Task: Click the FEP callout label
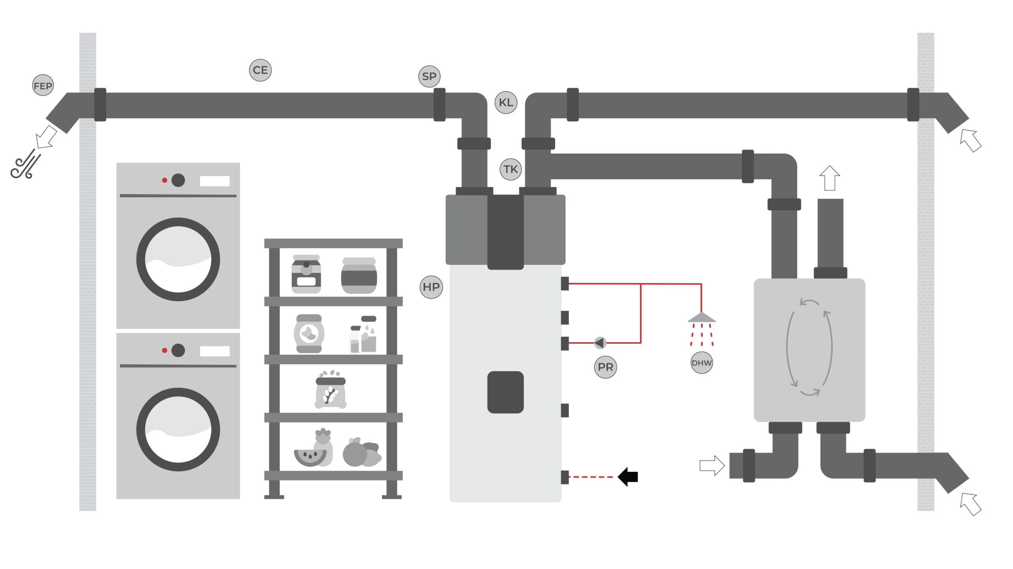[x=43, y=85]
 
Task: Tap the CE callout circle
[x=260, y=70]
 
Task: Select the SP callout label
[x=429, y=76]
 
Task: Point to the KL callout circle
[x=506, y=102]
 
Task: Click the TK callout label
[x=510, y=169]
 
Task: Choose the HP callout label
[x=431, y=287]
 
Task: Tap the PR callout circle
[x=605, y=367]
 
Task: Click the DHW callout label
[x=702, y=363]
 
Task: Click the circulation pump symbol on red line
[x=600, y=342]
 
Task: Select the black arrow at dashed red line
[x=628, y=477]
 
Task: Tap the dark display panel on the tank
[x=505, y=392]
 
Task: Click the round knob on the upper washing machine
[x=178, y=180]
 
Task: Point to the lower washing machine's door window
[x=178, y=429]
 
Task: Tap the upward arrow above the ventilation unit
[x=829, y=178]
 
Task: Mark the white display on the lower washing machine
[x=214, y=351]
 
